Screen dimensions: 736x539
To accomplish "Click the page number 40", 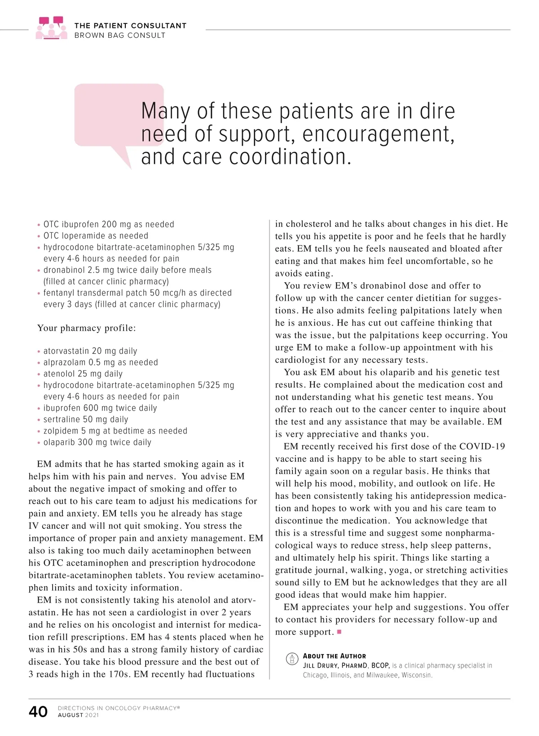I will [x=38, y=711].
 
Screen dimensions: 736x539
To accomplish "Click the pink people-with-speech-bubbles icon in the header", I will [x=51, y=28].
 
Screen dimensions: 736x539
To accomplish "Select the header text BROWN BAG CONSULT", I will [x=120, y=35].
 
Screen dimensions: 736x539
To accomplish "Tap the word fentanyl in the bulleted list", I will [x=59, y=293].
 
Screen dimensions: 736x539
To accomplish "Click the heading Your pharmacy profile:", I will [x=87, y=328].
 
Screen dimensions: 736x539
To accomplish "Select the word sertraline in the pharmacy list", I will [x=62, y=420].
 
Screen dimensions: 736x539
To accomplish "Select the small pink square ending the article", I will [x=339, y=632].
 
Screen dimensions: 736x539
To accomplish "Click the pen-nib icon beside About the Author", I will [x=292, y=659].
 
